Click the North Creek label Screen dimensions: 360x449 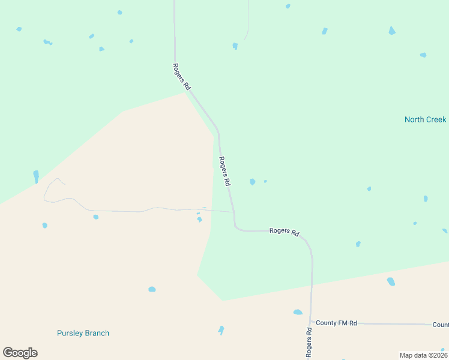[x=425, y=119]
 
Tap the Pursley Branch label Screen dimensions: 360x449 [x=83, y=333]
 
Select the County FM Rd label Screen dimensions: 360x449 [x=336, y=323]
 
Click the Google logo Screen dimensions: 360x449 [x=20, y=353]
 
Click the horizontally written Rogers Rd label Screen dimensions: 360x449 [x=284, y=231]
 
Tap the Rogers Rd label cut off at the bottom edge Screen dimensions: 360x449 [x=309, y=343]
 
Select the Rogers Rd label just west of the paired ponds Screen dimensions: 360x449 [x=225, y=172]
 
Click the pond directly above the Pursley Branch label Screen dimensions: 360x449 [x=152, y=289]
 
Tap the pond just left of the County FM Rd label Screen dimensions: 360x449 [x=298, y=312]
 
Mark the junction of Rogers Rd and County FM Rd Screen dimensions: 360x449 [x=311, y=323]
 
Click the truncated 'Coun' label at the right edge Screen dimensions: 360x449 [x=440, y=325]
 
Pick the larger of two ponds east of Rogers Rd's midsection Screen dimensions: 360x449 [x=252, y=182]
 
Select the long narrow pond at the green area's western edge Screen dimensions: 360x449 [x=36, y=176]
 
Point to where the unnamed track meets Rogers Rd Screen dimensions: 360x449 [x=233, y=212]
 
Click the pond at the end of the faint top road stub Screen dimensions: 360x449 [x=235, y=46]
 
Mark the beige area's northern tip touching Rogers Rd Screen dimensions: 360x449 [x=186, y=92]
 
